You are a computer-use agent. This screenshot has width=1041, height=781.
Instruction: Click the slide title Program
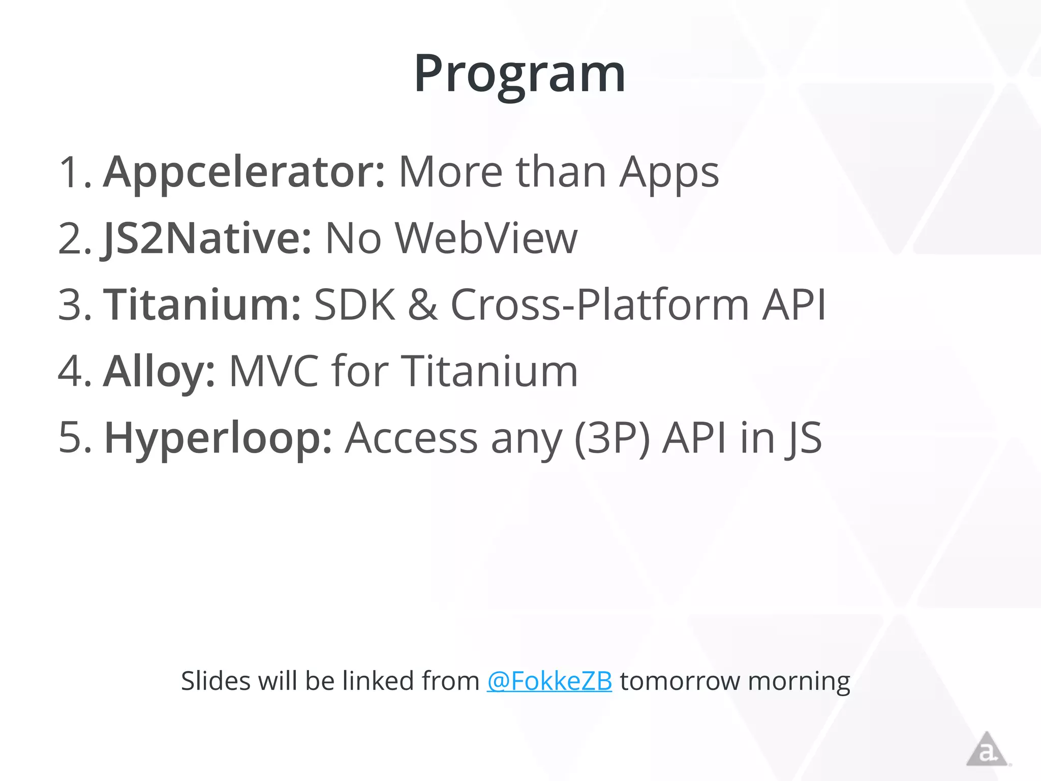(x=519, y=74)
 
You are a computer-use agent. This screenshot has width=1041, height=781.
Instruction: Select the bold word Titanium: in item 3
(x=202, y=305)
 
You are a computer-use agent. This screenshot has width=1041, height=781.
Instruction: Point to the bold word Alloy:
(x=159, y=372)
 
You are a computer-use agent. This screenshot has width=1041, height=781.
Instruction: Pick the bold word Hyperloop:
(x=218, y=438)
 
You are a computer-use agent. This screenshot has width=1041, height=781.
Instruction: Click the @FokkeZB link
(x=549, y=681)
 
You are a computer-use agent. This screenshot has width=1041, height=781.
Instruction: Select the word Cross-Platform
(x=600, y=305)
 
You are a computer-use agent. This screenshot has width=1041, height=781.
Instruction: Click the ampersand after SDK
(x=422, y=305)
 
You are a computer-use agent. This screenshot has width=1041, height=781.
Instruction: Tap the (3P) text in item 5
(x=611, y=438)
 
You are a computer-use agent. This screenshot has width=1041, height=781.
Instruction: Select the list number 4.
(x=74, y=372)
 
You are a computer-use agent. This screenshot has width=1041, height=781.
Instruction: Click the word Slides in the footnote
(x=215, y=681)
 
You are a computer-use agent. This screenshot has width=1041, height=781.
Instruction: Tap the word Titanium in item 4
(x=491, y=372)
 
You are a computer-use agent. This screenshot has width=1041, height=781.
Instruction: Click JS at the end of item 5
(x=803, y=438)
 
